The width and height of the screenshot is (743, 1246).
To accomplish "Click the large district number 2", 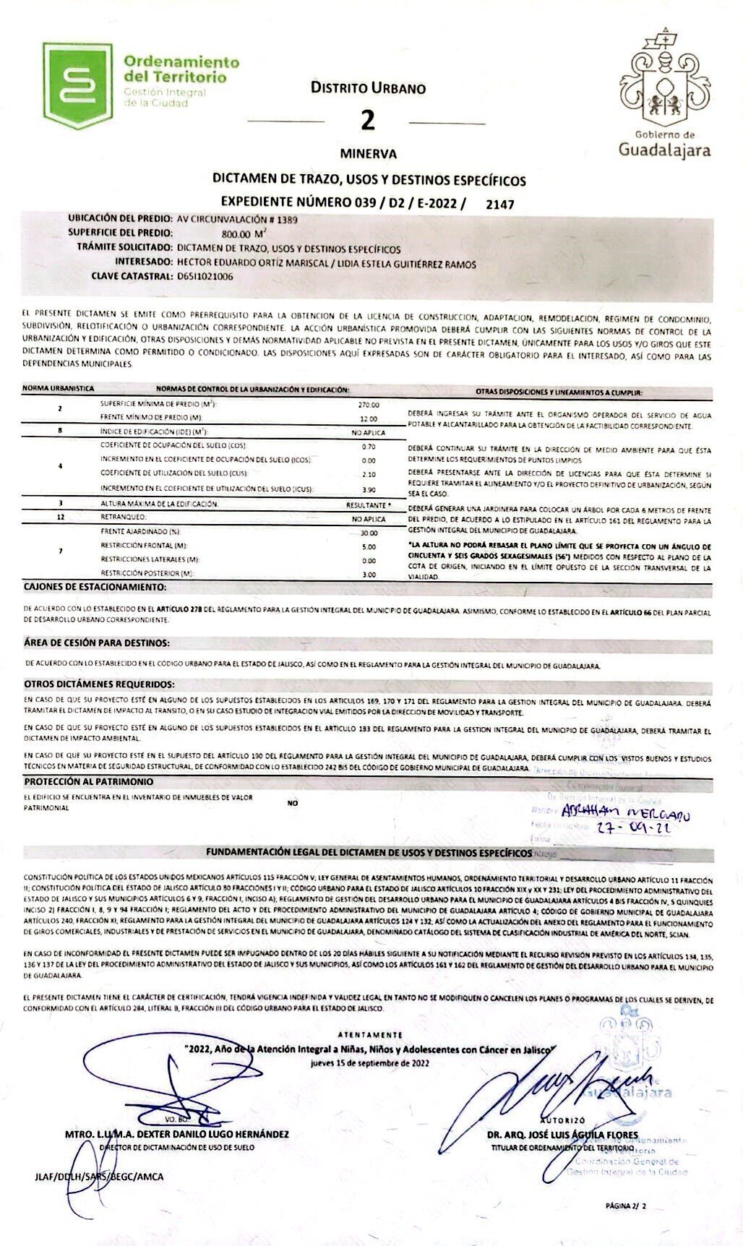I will (368, 121).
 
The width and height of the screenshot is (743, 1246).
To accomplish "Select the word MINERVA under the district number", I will (368, 154).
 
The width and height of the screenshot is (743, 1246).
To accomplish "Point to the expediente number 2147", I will (500, 205).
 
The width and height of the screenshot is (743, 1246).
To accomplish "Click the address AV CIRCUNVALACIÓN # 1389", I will (237, 218).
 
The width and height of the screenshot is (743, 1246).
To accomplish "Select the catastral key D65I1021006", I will (205, 276).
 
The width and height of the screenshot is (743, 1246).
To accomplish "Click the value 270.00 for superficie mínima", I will (369, 405).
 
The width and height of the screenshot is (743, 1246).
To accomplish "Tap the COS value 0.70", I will (369, 447).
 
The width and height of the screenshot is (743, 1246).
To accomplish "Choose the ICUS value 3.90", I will (369, 489).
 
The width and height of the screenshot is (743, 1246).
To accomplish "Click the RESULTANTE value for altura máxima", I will (369, 504).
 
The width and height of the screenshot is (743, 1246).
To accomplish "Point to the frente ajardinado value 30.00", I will (369, 533).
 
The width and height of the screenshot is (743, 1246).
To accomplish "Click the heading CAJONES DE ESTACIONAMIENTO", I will (95, 588).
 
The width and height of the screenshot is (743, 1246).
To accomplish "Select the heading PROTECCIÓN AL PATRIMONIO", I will (88, 781).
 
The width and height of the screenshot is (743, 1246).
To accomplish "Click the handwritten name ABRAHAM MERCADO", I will (625, 813).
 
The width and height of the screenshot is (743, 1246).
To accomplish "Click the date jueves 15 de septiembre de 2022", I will (370, 1063).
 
